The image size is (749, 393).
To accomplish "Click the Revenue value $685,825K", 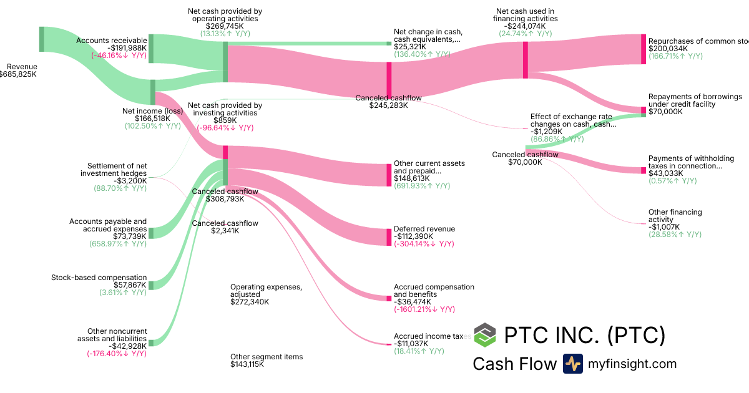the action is coord(19,74).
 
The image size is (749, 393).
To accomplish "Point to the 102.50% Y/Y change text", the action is coord(153,125).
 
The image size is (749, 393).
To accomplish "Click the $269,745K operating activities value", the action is coord(225,26).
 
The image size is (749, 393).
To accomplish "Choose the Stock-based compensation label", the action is coord(99,278).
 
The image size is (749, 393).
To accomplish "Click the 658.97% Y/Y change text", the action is coord(118,243).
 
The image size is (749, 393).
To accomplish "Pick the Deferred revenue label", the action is coord(424,229).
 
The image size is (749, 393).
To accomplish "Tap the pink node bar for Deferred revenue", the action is coord(389,237).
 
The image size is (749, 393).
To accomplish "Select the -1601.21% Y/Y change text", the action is coord(424,309).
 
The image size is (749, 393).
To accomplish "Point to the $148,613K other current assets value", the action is coord(412,178).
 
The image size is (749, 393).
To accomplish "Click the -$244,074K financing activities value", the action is coord(525,26).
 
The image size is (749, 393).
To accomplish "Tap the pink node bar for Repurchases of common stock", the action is coord(644,49).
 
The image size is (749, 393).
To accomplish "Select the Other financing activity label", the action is coord(675,216).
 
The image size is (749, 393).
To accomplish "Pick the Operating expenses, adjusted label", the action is coord(266,291).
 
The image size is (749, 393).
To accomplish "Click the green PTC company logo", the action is coord(485,335).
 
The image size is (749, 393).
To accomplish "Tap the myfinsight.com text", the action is coord(632,364).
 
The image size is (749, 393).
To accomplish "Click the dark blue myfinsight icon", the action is coord(573,364).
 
